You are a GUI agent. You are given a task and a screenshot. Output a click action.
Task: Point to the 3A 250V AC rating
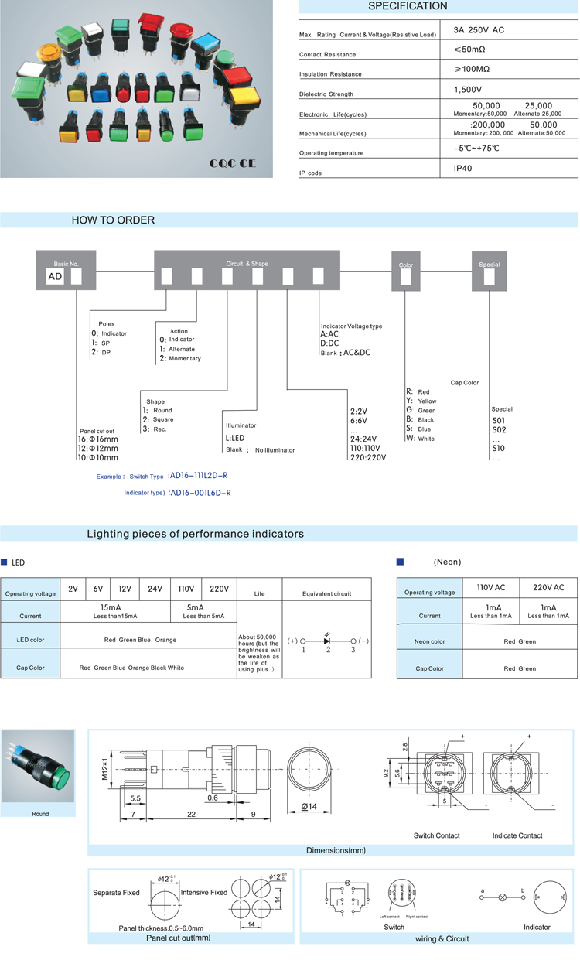pos(479,29)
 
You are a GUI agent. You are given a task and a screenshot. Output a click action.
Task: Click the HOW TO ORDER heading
pos(113,220)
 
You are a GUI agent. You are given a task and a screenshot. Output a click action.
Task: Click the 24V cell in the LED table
pos(155,589)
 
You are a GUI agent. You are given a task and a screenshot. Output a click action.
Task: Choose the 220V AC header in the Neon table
pos(548,589)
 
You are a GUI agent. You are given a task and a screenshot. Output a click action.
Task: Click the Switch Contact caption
pos(436,835)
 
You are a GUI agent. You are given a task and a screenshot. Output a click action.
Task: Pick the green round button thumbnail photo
pos(39,766)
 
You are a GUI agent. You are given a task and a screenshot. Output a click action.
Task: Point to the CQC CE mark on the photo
pos(232,164)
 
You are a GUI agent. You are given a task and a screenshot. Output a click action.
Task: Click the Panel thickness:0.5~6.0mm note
pos(161,928)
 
